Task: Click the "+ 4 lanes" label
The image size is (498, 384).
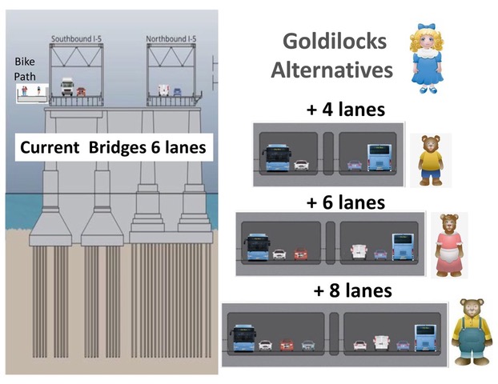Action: click(x=346, y=110)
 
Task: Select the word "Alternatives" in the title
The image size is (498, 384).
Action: click(x=331, y=70)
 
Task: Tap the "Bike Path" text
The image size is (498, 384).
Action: click(x=25, y=69)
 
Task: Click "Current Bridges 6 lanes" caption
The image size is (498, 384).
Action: click(x=114, y=148)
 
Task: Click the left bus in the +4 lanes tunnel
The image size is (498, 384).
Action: click(x=275, y=157)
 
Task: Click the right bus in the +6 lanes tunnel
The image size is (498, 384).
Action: click(x=402, y=246)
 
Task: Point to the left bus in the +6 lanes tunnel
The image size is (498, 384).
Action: click(x=257, y=246)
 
